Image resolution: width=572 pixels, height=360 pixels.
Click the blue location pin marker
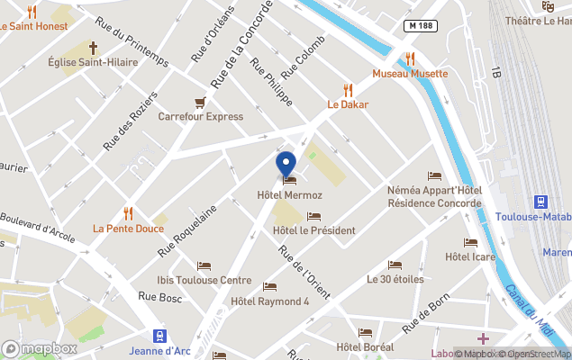(286, 165)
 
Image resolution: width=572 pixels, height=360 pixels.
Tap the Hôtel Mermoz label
(289, 194)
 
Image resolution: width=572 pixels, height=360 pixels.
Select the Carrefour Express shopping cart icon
(201, 102)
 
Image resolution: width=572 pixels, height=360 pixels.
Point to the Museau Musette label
(410, 74)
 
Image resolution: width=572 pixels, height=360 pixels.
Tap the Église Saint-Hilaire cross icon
(94, 47)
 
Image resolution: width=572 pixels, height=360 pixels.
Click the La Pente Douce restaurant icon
(128, 213)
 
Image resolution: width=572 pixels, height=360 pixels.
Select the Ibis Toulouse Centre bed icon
(204, 265)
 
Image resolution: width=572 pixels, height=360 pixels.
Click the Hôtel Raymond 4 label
(270, 301)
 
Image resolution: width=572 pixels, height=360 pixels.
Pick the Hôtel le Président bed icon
(313, 216)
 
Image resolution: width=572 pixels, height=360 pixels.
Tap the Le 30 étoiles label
(395, 279)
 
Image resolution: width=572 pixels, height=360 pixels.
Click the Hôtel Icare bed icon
(470, 242)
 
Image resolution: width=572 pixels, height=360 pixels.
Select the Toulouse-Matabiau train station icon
(541, 202)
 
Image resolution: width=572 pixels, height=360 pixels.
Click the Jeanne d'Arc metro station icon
(159, 336)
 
